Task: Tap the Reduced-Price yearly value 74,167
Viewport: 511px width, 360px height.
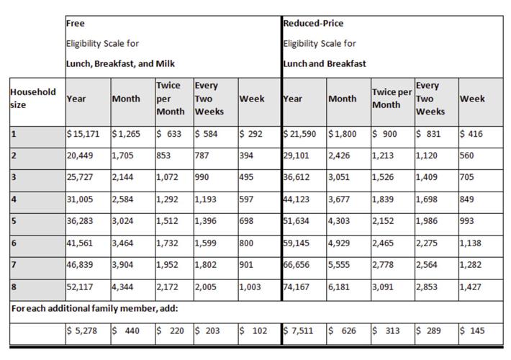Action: (299, 288)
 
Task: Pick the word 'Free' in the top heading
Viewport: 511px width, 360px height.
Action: (74, 23)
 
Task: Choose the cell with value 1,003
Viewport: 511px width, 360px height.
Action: (252, 288)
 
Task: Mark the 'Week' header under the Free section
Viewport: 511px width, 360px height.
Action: (251, 99)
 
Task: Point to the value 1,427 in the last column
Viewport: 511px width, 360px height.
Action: (471, 288)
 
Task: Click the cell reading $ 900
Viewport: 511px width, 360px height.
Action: (385, 134)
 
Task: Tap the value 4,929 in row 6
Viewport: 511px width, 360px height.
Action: (340, 244)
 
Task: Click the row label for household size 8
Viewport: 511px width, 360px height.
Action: (14, 288)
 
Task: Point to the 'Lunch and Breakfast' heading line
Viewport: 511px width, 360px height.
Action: (325, 63)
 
